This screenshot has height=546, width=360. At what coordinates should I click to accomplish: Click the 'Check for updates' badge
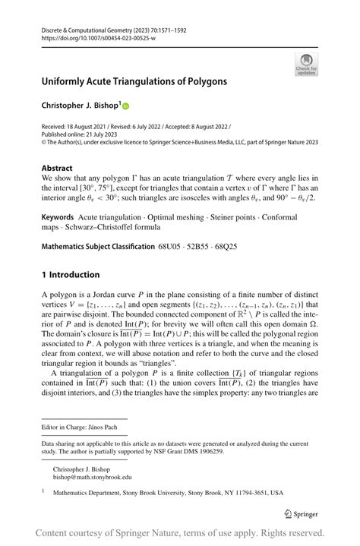(306, 64)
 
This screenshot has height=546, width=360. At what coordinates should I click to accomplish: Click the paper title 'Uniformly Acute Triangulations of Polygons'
(134, 80)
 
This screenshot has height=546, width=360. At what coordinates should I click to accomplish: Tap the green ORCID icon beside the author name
(126, 106)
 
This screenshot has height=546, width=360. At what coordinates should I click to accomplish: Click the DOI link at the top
(93, 37)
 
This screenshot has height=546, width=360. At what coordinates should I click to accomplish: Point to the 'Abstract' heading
(58, 168)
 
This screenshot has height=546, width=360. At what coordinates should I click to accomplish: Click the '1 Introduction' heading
(71, 274)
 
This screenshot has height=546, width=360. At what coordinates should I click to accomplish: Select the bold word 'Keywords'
(58, 218)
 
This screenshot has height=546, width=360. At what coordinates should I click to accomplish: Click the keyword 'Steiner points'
(220, 218)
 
